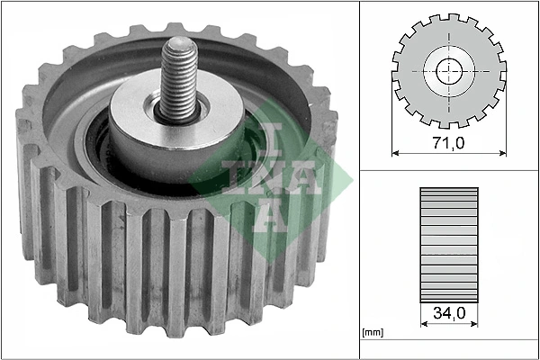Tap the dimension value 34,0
(447, 313)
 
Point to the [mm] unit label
(372, 333)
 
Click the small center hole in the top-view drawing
(447, 72)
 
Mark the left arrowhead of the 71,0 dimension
(396, 153)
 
